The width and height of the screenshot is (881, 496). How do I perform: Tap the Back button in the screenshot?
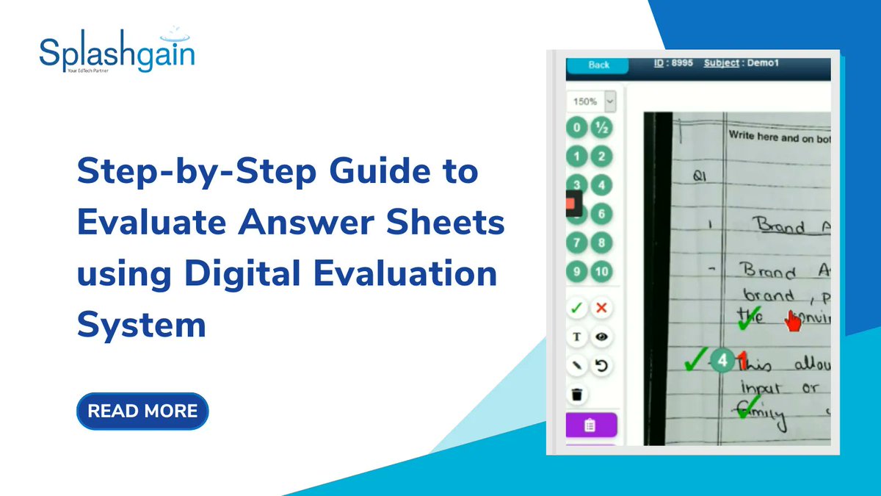[598, 65]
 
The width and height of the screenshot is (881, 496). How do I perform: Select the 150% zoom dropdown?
[591, 101]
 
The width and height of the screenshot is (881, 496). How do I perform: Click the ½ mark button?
[602, 128]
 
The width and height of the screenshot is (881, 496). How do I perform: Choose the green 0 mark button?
[577, 128]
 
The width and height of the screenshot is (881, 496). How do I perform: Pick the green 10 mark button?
[602, 272]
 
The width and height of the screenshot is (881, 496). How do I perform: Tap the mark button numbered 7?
[577, 243]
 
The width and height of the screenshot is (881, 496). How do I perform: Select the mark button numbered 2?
[602, 157]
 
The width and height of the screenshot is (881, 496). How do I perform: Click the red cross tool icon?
[602, 308]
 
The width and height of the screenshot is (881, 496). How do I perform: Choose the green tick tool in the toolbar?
[577, 308]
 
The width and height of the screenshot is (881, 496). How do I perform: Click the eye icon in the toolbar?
[602, 337]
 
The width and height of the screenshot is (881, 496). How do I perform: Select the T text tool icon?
[577, 337]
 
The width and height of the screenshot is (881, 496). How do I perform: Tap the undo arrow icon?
[602, 365]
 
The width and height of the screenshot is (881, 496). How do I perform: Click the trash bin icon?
[577, 395]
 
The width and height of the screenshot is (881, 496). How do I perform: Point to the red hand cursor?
[793, 321]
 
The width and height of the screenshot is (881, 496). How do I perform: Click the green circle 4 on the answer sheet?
[724, 361]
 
